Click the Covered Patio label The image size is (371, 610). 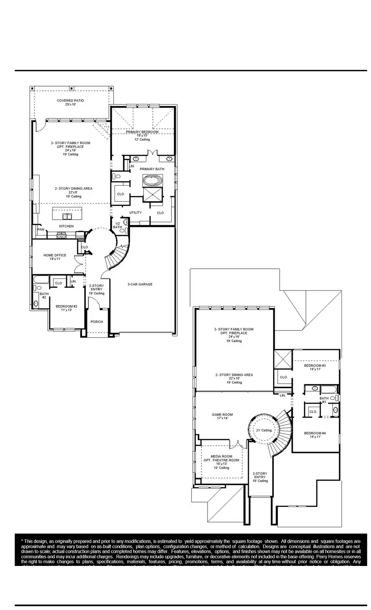pyautogui.click(x=70, y=101)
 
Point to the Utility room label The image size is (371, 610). pyautogui.click(x=135, y=212)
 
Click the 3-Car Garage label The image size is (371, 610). pyautogui.click(x=140, y=285)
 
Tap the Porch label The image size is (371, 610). pyautogui.click(x=96, y=322)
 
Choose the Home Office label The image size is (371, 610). pyautogui.click(x=52, y=256)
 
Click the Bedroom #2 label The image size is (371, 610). pyautogui.click(x=66, y=307)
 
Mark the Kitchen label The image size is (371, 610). pyautogui.click(x=66, y=226)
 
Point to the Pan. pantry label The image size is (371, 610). pyautogui.click(x=41, y=230)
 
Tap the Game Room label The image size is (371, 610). pyautogui.click(x=222, y=414)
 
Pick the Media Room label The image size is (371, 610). pyautogui.click(x=221, y=456)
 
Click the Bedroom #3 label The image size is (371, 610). pyautogui.click(x=315, y=365)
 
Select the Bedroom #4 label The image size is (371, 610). pyautogui.click(x=315, y=433)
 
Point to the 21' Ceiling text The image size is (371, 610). pyautogui.click(x=263, y=430)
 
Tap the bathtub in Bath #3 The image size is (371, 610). pyautogui.click(x=328, y=389)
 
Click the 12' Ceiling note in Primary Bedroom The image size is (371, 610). pyautogui.click(x=142, y=140)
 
